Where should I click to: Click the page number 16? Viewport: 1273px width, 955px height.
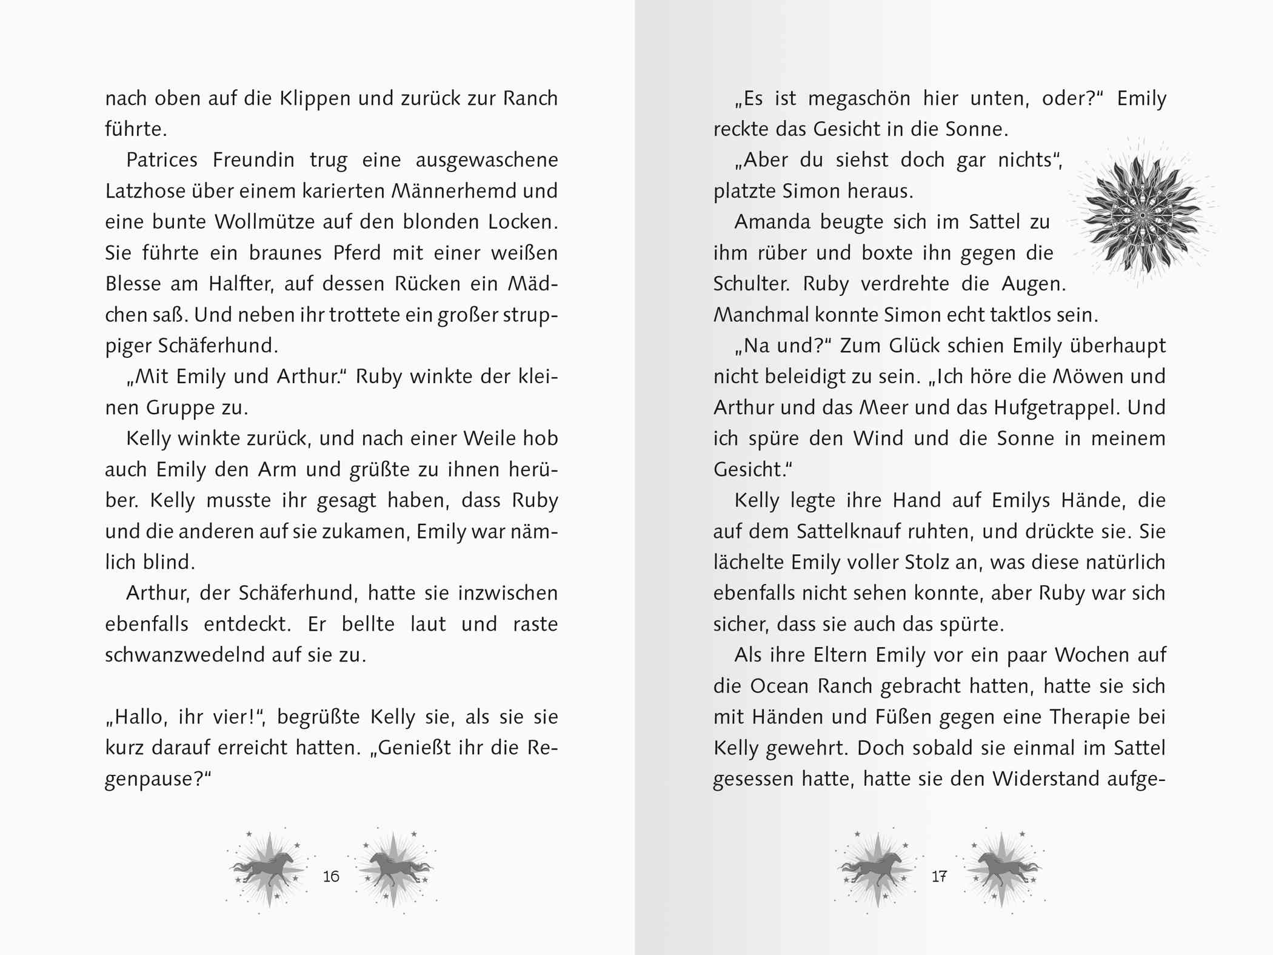coord(331,876)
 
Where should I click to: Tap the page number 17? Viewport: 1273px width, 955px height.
coord(939,876)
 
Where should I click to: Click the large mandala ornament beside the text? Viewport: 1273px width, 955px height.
coord(1142,215)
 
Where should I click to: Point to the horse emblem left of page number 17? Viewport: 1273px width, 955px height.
coord(877,870)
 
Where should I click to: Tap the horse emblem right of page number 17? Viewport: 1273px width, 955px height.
coord(1002,870)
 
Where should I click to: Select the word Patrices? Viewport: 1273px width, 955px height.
coord(162,160)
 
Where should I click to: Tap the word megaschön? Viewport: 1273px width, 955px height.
coord(859,99)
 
